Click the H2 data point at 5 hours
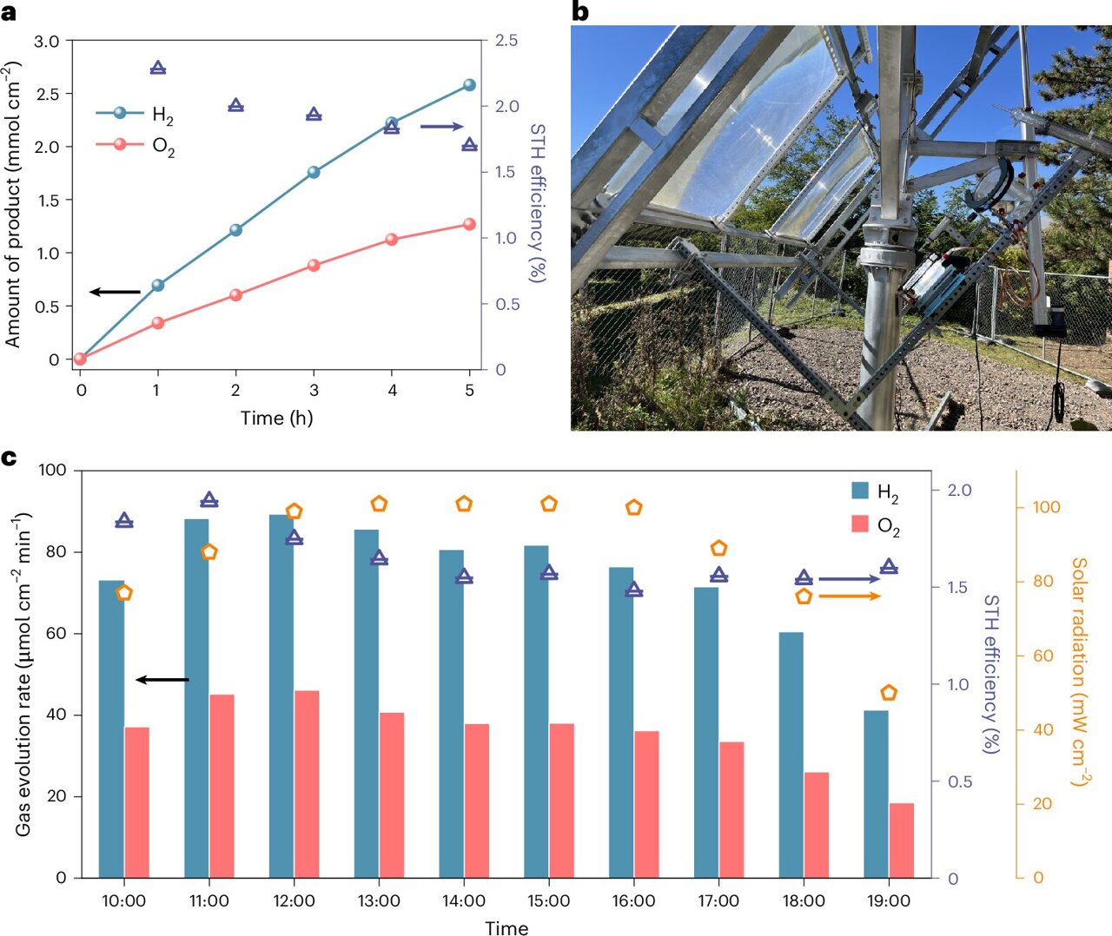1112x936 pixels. pos(469,85)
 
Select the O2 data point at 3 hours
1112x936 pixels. pos(314,266)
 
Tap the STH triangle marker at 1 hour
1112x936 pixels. pos(158,68)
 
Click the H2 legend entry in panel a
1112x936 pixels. pos(136,114)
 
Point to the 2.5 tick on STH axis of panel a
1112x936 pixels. pos(506,41)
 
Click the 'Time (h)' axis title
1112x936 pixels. pos(276,418)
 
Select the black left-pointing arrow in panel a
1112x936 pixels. pos(115,292)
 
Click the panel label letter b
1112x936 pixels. pos(579,12)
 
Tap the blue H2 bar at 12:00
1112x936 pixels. pos(281,695)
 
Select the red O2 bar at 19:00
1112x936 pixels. pos(901,840)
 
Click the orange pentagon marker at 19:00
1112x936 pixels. pos(888,693)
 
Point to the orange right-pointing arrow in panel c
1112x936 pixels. pos(850,597)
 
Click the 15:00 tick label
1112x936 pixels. pos(548,901)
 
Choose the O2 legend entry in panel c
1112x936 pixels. pos(876,524)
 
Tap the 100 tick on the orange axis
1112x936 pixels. pos(1045,507)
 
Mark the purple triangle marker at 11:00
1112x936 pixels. pos(208,500)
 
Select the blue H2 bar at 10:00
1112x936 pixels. pos(111,729)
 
